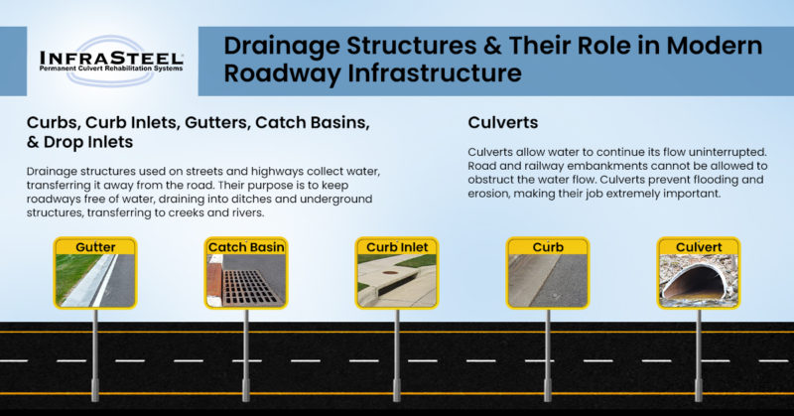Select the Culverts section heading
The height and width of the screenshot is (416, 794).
(502, 123)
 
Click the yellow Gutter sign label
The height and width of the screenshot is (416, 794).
(94, 245)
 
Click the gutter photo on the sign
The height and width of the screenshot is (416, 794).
(94, 279)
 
